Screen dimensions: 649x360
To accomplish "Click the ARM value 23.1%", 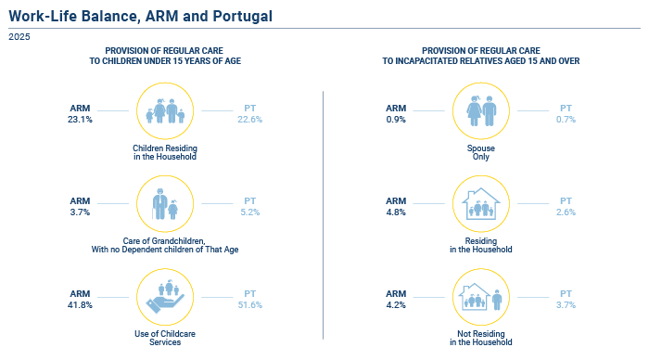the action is (80, 120).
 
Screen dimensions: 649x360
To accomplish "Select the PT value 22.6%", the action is (250, 120).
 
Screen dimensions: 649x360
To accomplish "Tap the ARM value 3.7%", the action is (80, 212).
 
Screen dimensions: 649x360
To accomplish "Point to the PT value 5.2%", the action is (250, 212).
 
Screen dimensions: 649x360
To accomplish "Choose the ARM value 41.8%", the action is (80, 305).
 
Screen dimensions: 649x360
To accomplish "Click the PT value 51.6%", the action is (250, 305).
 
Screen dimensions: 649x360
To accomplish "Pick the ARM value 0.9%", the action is (396, 120).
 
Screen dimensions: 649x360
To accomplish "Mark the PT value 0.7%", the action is (566, 120).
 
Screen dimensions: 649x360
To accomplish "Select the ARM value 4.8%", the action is (396, 212).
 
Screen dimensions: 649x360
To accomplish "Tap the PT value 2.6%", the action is (566, 212).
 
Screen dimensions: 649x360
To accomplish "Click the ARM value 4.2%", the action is (396, 305).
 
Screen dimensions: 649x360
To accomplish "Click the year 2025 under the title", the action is (19, 37).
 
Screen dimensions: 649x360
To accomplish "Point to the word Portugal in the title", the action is (243, 16).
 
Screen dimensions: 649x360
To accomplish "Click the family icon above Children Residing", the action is (165, 111).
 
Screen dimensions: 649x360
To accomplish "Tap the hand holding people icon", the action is (165, 297).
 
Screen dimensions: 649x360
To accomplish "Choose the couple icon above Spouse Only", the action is (481, 111).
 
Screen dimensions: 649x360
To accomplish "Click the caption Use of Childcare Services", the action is (165, 338).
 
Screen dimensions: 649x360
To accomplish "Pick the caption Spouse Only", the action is (481, 152).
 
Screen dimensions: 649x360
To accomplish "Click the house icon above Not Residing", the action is (475, 297).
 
